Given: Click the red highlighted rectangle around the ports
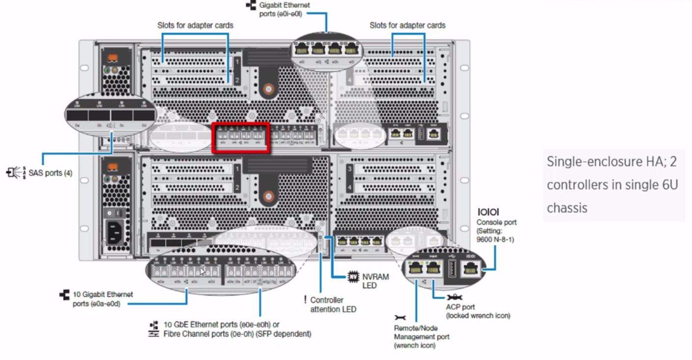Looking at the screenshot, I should [240, 138].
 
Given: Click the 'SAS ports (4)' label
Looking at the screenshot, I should [50, 173].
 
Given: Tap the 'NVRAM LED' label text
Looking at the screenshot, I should [375, 281].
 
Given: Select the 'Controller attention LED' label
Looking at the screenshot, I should [333, 304].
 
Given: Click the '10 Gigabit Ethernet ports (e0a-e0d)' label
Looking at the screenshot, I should [102, 299].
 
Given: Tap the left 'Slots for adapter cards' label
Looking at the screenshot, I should [195, 25].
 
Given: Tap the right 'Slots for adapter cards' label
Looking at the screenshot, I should [407, 25].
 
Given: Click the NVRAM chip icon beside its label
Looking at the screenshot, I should [352, 276].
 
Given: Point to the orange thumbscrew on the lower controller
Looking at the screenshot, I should [267, 197].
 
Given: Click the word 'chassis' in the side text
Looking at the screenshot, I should [567, 208].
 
